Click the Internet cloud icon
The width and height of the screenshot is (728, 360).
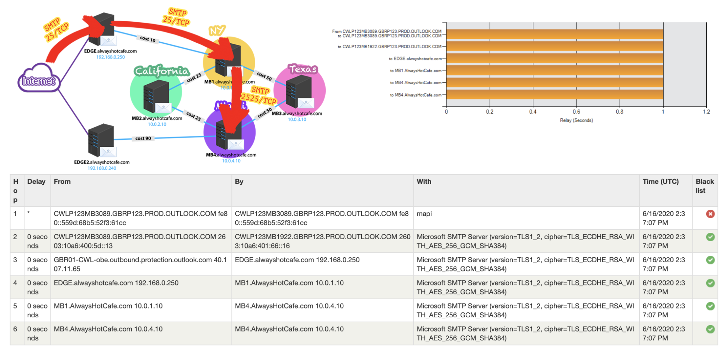coord(38,79)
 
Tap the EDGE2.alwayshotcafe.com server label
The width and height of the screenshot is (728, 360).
coord(102,162)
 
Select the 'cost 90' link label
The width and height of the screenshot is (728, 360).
coord(143,138)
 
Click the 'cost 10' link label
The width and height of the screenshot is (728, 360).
coord(148,39)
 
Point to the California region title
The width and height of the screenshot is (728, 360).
coord(162,71)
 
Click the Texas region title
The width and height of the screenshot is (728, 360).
coord(303,69)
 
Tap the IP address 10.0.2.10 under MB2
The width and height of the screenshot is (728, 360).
coord(157,124)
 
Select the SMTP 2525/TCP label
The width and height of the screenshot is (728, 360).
coord(259,95)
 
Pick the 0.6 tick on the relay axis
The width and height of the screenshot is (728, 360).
coord(576,112)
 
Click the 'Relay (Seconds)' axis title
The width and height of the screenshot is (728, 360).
coord(576,120)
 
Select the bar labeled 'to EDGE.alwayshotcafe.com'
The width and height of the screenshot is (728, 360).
coord(555,58)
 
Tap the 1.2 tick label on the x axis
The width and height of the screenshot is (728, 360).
coord(706,112)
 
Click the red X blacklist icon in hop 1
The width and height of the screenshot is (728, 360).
coord(710,214)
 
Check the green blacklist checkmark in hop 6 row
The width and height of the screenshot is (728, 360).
coord(710,329)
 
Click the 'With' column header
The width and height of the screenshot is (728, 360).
coord(424,182)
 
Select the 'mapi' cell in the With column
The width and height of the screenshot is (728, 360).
coord(424,214)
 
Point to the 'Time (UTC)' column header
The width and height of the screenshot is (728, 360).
coord(660,182)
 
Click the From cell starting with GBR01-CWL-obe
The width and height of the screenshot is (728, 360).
coord(140,264)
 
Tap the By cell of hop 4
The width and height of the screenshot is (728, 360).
coord(289,283)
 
